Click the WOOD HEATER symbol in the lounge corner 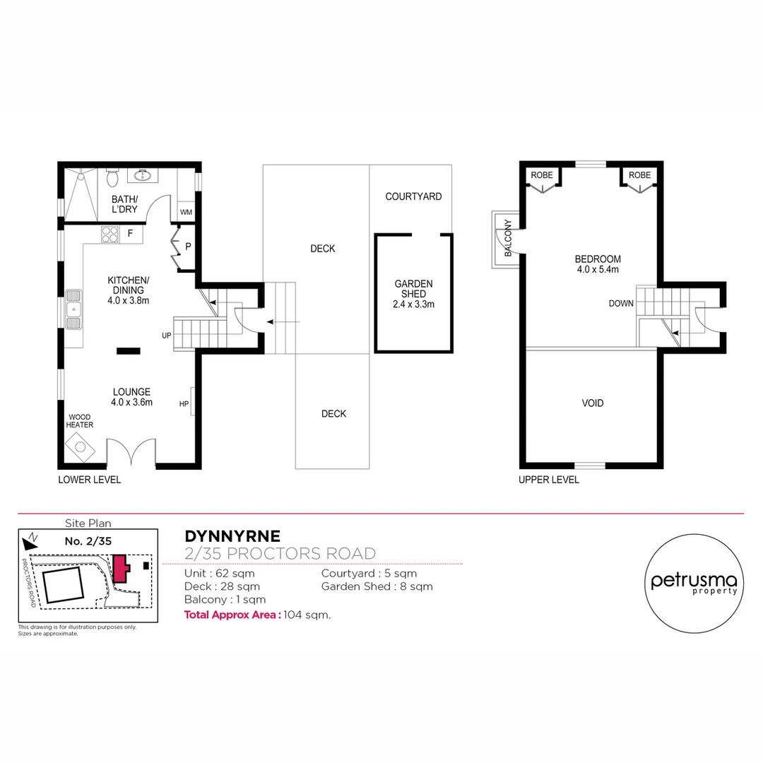tap(79, 446)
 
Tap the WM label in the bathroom tap(186, 212)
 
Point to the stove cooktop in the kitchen tap(110, 234)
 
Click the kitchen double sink tap(73, 309)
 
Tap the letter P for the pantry tap(188, 247)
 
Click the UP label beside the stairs tap(166, 335)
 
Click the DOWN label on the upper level tap(621, 304)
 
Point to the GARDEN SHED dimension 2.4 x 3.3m tap(413, 304)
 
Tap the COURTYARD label tap(413, 196)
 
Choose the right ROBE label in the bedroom tap(639, 175)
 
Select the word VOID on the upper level tap(592, 403)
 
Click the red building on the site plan tap(120, 568)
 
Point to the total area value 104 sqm tap(307, 615)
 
